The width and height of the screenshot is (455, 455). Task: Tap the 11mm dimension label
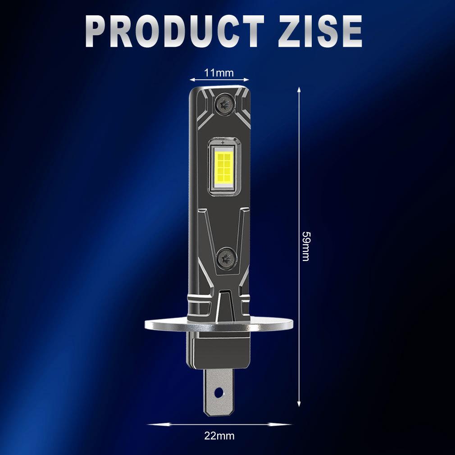pos(219,73)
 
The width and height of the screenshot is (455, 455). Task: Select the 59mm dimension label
pos(306,246)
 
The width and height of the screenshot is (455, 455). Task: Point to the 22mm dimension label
pos(219,436)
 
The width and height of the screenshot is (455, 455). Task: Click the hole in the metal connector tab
pos(219,392)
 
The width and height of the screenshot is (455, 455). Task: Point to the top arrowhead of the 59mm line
pos(299,89)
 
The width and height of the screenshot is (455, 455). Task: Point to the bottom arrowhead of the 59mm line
pos(299,405)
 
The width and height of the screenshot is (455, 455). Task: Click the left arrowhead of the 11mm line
pos(191,80)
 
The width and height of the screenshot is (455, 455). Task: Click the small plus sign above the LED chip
pos(223,143)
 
